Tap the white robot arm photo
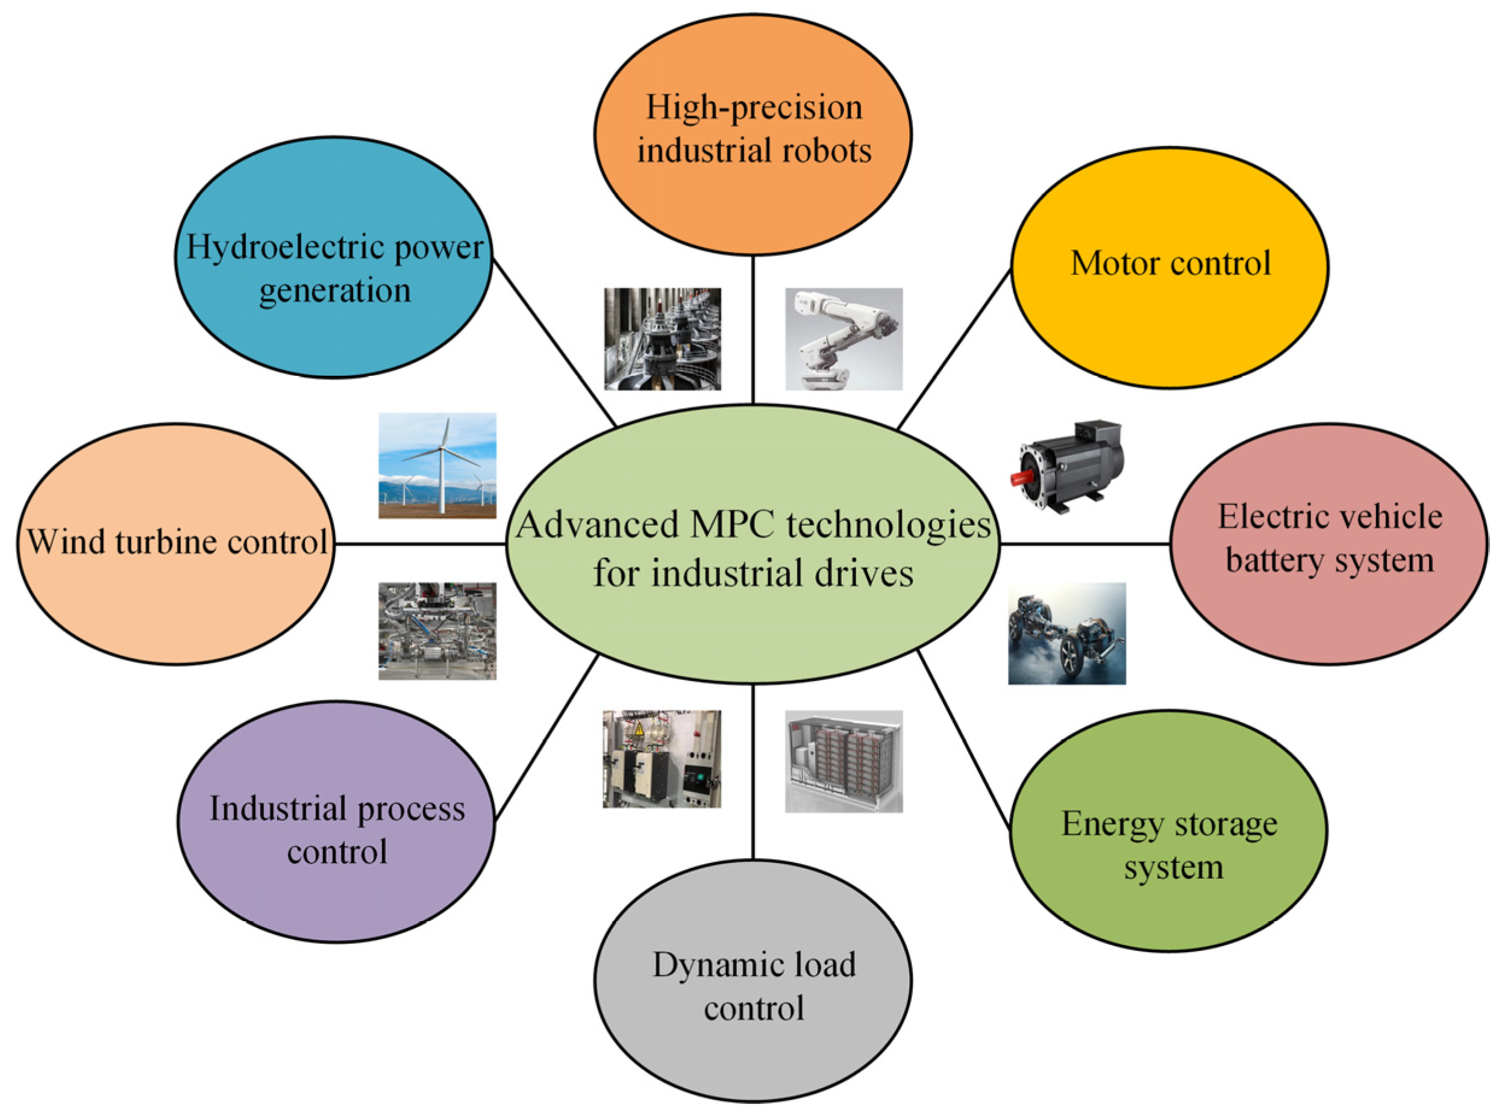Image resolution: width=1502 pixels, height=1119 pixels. tap(843, 338)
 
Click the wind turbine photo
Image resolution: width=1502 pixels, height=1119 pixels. tap(437, 466)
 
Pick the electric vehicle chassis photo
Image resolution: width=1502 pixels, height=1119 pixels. tap(1066, 634)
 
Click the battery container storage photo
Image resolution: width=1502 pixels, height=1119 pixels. tap(843, 761)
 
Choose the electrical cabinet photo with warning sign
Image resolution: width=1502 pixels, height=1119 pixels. tap(662, 759)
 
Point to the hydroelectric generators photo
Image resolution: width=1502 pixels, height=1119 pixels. tap(662, 338)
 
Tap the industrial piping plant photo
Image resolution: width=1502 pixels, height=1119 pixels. tap(437, 631)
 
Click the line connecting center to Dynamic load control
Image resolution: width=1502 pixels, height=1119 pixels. tap(753, 772)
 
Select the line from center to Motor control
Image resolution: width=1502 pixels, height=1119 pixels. tap(954, 349)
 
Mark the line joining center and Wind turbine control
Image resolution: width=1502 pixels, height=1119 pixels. tap(420, 543)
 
